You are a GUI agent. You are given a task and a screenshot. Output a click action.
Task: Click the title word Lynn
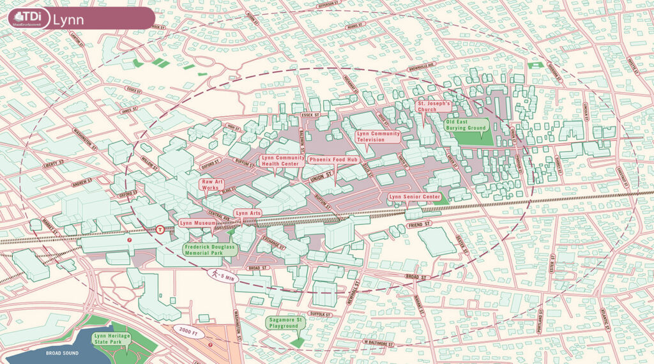(x=68, y=19)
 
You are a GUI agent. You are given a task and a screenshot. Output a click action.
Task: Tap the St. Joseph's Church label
(x=434, y=106)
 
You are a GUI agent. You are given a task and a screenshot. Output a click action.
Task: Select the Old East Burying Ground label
(x=466, y=124)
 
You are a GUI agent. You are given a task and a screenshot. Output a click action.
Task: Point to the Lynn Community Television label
(x=378, y=136)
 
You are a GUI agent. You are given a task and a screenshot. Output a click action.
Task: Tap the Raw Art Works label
(x=211, y=185)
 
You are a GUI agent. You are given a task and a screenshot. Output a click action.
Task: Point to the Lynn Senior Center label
(x=414, y=197)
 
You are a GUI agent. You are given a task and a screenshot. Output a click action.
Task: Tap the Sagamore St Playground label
(x=284, y=322)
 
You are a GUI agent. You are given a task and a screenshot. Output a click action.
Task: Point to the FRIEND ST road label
(x=418, y=226)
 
